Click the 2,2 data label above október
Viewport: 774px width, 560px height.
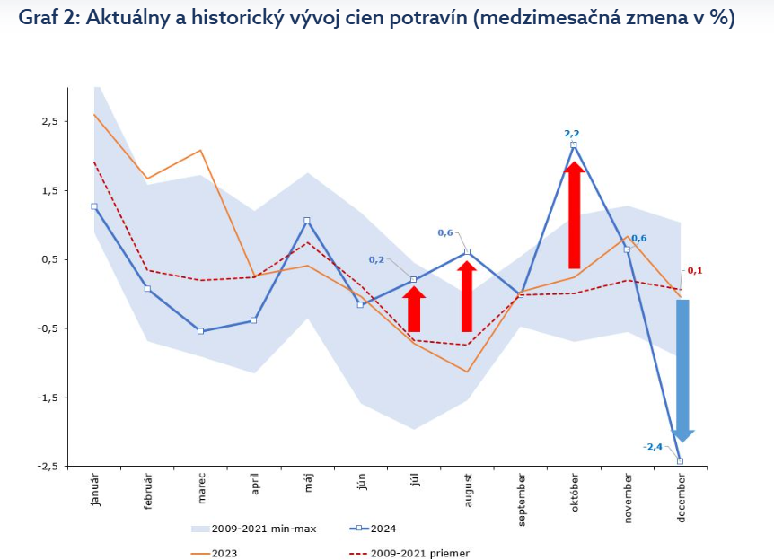pos(572,133)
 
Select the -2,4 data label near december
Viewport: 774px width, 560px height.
pos(652,446)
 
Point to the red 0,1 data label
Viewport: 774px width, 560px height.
pos(693,270)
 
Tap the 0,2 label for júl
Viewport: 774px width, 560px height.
pos(376,260)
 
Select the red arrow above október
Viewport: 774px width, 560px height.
pos(575,215)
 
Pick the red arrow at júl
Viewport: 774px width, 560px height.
pos(414,310)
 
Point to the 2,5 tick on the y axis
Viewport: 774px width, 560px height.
pos(48,121)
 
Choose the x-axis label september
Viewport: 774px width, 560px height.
pos(521,498)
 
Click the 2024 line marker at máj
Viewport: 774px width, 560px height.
pos(307,221)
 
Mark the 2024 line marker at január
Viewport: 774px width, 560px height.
pos(94,206)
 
